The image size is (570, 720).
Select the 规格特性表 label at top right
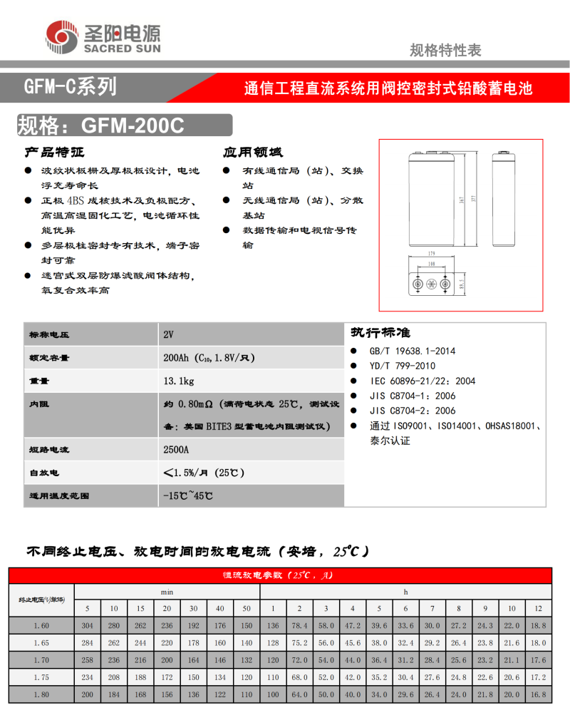coord(445,50)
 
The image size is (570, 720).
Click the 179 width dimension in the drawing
coord(430,253)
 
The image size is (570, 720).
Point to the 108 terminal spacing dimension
coord(430,264)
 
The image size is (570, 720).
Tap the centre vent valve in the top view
coord(430,285)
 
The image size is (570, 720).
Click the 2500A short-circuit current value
coord(176,451)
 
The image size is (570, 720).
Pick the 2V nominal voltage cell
coord(168,334)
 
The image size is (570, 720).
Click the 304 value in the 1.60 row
coord(88,625)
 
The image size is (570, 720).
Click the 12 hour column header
coord(538,608)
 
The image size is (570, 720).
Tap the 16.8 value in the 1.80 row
coord(538,694)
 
